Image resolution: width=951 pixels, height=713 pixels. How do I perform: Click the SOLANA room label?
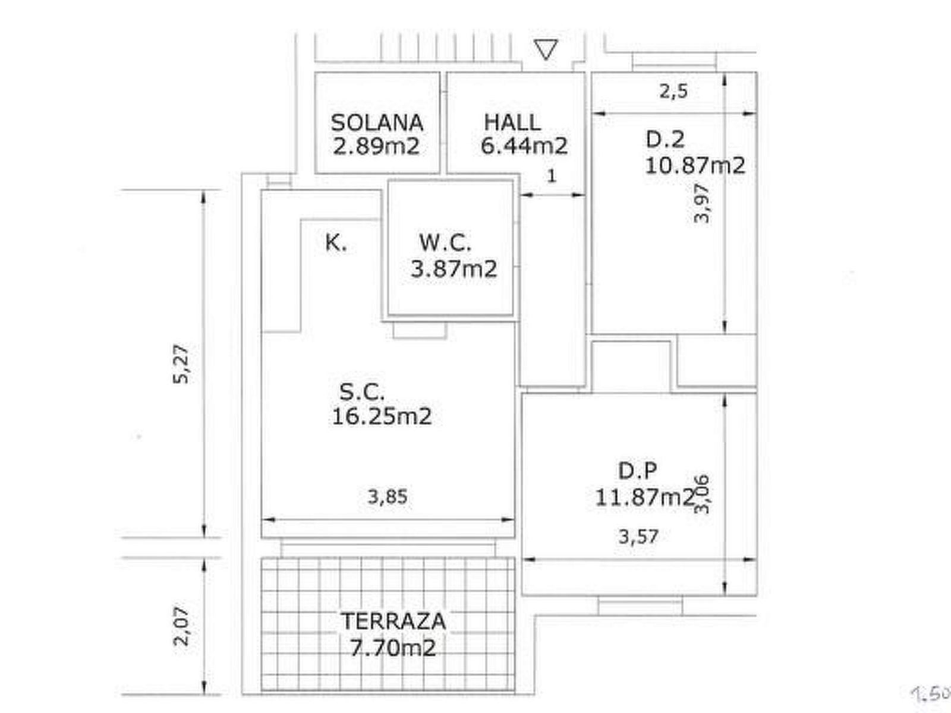point(377,124)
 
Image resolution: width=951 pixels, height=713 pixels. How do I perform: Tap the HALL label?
point(512,122)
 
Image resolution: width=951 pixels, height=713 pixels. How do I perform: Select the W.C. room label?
point(445,242)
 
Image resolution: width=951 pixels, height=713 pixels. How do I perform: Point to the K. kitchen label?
point(336,243)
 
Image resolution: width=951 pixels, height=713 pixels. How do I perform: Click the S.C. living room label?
point(362,392)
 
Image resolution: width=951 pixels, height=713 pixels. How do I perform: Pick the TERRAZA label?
point(393,621)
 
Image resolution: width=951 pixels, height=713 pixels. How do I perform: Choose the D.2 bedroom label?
point(665,140)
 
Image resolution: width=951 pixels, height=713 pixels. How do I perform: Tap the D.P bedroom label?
point(637,471)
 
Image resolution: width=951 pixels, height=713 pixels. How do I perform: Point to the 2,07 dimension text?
point(181,626)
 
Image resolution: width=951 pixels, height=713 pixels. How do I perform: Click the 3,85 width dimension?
point(388,497)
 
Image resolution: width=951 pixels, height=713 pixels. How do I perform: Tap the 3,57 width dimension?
point(638,537)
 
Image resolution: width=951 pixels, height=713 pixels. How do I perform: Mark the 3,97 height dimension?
point(701,203)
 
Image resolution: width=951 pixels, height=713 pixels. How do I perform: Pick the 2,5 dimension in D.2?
point(673,92)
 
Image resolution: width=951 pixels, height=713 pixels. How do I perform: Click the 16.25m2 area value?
point(382,417)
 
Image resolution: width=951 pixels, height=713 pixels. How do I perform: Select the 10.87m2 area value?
point(695,165)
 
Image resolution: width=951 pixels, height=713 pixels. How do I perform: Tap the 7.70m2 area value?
point(392,648)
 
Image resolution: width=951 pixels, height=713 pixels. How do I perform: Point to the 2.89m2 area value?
point(376,146)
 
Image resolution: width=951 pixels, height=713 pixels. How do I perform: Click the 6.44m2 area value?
point(524,146)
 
